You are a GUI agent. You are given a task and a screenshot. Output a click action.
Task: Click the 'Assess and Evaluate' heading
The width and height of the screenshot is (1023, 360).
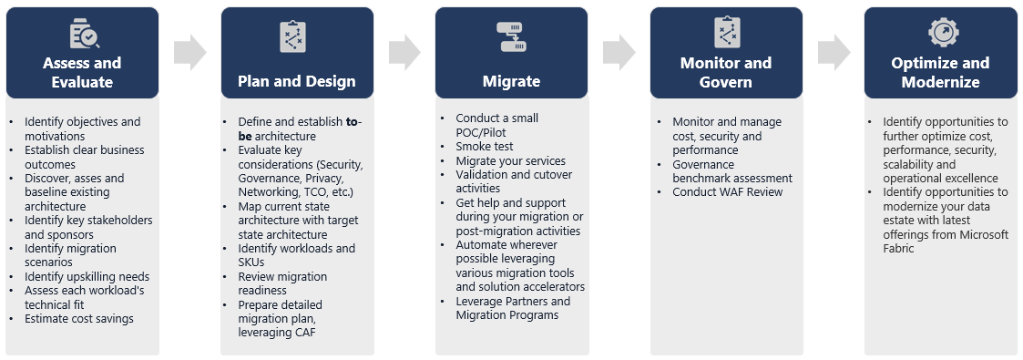coord(82,72)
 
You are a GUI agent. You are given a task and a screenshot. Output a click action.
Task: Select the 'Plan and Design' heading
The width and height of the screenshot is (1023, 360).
coord(297,81)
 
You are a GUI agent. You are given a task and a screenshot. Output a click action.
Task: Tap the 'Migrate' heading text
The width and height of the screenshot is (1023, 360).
coord(512,81)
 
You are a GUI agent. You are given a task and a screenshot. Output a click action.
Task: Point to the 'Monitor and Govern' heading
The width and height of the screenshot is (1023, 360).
coord(725,72)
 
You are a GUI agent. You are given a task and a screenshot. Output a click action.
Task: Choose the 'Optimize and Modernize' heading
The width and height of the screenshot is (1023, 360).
coord(940,72)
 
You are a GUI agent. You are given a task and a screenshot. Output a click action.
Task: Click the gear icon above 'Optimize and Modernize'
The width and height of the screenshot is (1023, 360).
coord(941,32)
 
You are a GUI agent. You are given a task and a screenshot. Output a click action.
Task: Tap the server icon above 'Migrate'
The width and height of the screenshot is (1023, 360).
coord(512,36)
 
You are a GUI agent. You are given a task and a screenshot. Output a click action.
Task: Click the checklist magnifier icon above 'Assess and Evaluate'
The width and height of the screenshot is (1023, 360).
coord(84,34)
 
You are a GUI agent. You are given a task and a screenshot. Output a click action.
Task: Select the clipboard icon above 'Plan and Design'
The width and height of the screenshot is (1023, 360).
coord(292,36)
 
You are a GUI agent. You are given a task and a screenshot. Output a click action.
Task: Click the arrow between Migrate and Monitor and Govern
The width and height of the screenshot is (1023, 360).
coord(619,52)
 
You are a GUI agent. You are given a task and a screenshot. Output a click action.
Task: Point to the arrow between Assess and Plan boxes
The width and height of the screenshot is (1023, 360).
coord(189,52)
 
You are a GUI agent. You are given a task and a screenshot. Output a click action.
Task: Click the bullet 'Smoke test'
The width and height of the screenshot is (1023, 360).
coord(484,147)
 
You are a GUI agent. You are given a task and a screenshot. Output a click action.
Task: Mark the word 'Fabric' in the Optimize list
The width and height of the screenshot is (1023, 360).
coord(899,249)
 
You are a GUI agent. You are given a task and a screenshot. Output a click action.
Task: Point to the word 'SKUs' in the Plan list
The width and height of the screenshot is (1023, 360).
coord(251,262)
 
